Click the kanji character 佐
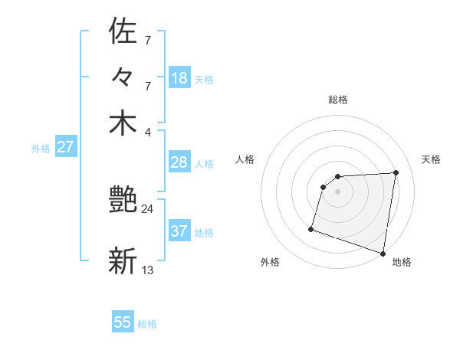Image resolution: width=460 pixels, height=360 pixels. [123, 31]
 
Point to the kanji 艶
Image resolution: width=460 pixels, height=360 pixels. [123, 201]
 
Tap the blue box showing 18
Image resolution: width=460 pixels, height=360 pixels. [179, 78]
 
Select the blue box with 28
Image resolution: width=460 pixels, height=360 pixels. [179, 162]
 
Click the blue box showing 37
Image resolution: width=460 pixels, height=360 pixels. [179, 231]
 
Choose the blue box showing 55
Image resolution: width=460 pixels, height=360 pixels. [123, 322]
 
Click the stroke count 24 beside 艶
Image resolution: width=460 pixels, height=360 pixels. [147, 208]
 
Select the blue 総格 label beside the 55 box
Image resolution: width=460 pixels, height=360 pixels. [147, 324]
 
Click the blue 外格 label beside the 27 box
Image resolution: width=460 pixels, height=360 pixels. [41, 149]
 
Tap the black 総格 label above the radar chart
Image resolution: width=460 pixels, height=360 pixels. [338, 100]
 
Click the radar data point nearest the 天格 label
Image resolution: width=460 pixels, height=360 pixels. [396, 172]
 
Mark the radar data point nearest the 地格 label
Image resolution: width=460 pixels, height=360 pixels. [383, 253]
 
